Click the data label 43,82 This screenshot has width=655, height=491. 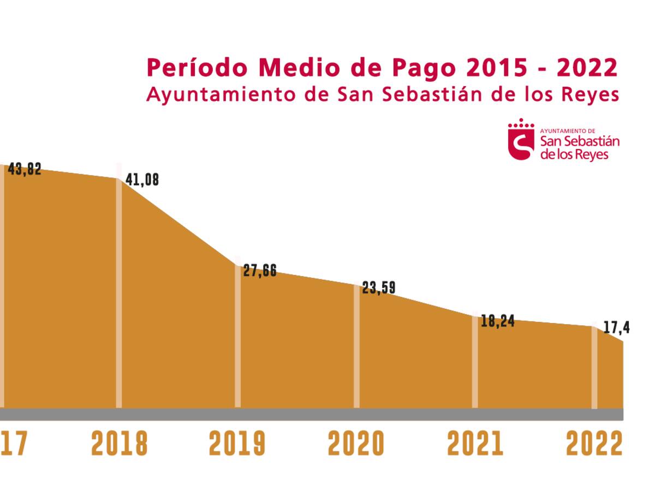(x=25, y=170)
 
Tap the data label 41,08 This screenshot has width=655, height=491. (x=142, y=180)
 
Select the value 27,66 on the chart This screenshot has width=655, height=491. (x=260, y=271)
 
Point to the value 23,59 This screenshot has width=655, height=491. (x=379, y=288)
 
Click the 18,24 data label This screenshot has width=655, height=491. (x=497, y=321)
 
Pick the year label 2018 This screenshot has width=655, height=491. (x=120, y=444)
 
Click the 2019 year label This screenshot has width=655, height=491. (x=237, y=444)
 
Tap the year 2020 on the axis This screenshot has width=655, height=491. (x=356, y=444)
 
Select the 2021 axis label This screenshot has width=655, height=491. (x=475, y=444)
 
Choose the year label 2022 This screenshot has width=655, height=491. (x=594, y=444)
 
